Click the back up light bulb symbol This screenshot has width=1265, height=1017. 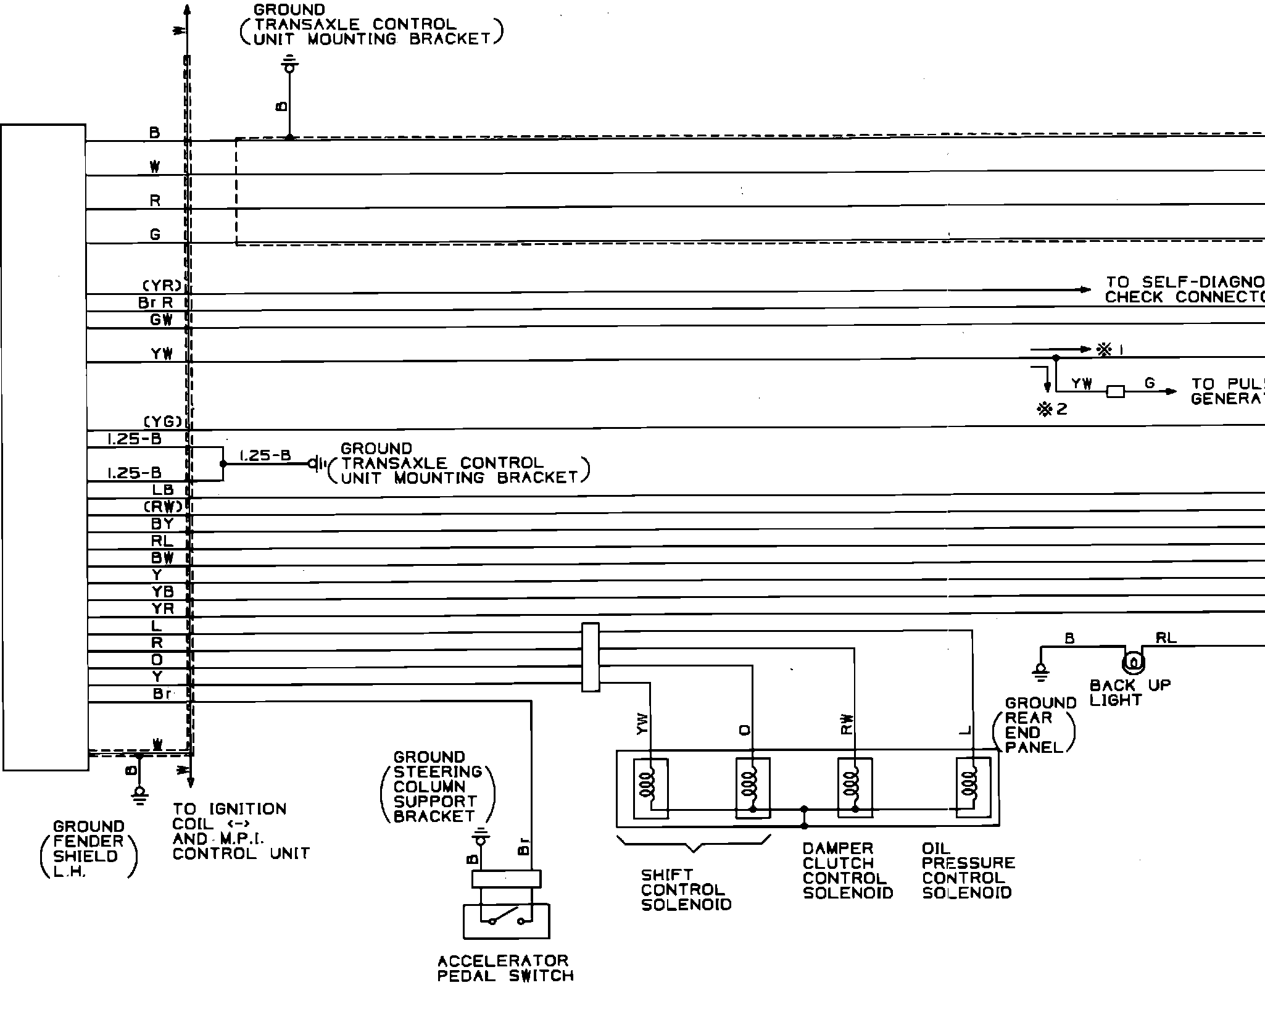click(1132, 663)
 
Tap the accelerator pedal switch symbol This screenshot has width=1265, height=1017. click(506, 921)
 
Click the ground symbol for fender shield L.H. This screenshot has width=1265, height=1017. click(141, 795)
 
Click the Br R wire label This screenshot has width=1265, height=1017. click(156, 303)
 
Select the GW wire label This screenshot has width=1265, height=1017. click(161, 320)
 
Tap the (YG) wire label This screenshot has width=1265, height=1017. click(163, 422)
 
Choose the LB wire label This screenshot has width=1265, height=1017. click(163, 490)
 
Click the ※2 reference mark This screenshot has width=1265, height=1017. click(1052, 409)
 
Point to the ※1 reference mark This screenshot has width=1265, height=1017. click(1109, 350)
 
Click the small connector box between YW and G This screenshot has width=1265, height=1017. click(1115, 391)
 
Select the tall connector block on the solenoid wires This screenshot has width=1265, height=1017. click(591, 657)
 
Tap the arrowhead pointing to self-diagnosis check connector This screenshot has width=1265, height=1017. click(1084, 289)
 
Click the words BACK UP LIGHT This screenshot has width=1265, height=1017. click(1129, 692)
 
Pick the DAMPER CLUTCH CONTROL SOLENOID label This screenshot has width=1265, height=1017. click(847, 871)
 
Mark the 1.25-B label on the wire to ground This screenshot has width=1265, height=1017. click(265, 455)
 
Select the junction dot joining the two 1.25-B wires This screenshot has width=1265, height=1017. click(223, 463)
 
